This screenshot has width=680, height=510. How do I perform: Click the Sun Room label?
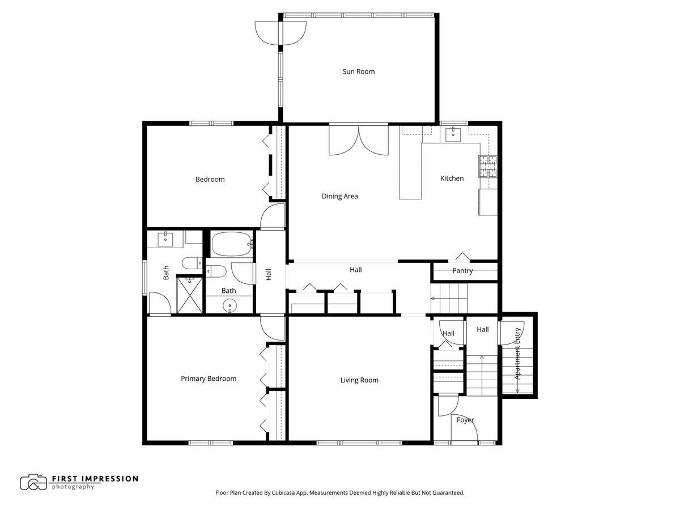click(x=359, y=71)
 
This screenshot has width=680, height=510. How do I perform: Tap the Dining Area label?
click(x=339, y=196)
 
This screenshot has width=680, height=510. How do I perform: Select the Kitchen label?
click(x=452, y=178)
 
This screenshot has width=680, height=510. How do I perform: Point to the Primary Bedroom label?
click(x=209, y=379)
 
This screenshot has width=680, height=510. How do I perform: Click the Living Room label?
click(x=359, y=380)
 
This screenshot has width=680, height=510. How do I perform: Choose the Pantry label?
click(x=462, y=271)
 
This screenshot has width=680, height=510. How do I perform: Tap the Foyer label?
click(x=465, y=420)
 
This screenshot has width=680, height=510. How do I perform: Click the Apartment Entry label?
click(x=518, y=353)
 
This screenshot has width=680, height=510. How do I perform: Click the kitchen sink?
click(x=453, y=134)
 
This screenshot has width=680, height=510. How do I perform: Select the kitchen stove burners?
click(x=488, y=167)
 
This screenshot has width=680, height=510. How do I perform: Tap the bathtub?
click(x=232, y=244)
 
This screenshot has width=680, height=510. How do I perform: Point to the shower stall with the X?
click(x=189, y=295)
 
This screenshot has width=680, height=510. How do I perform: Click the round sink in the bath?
click(x=229, y=306)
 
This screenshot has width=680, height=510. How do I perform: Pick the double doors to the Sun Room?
click(x=359, y=140)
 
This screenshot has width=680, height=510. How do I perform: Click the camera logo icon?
click(x=33, y=482)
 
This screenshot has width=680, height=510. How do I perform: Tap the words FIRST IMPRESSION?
click(x=95, y=479)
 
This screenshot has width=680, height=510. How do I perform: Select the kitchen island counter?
click(x=410, y=171)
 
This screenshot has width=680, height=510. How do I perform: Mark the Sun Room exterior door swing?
click(x=280, y=33)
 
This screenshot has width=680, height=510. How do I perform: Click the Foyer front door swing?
click(x=464, y=428)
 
